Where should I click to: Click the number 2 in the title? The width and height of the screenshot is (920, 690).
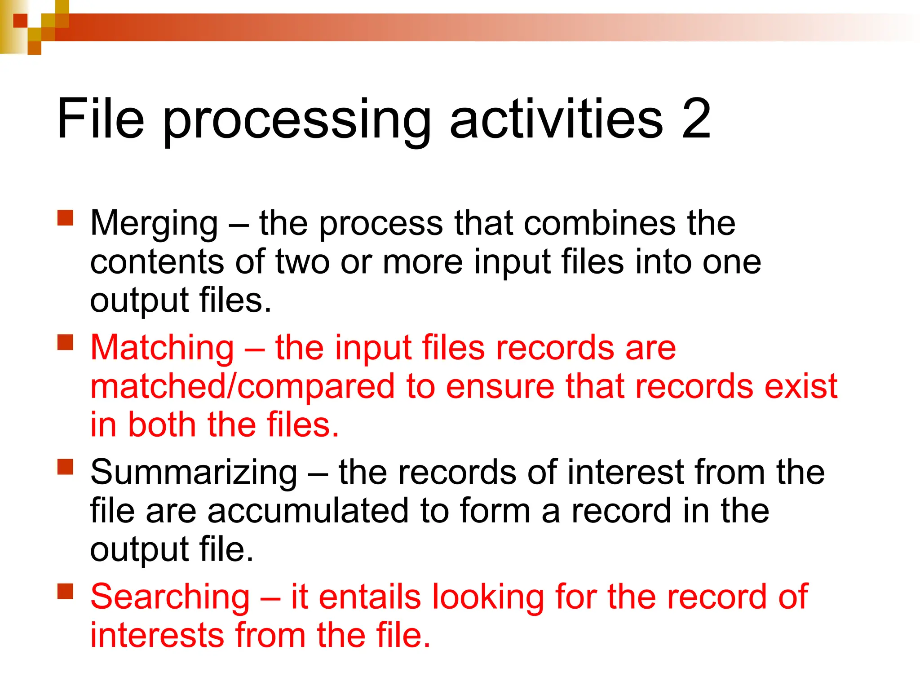coord(696,119)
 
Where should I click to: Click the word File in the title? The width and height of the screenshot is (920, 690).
coord(101,119)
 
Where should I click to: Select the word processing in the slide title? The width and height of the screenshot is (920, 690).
coord(297,121)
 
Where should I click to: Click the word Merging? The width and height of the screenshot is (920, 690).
coord(154,225)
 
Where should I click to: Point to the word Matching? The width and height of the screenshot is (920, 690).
coord(162,348)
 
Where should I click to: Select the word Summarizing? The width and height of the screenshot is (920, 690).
coord(194,473)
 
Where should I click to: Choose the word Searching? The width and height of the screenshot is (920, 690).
coord(170,597)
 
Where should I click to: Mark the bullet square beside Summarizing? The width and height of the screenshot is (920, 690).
coord(66,467)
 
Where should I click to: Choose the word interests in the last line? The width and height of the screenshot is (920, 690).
coord(157,636)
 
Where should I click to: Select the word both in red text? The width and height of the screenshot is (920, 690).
coord(162,425)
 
